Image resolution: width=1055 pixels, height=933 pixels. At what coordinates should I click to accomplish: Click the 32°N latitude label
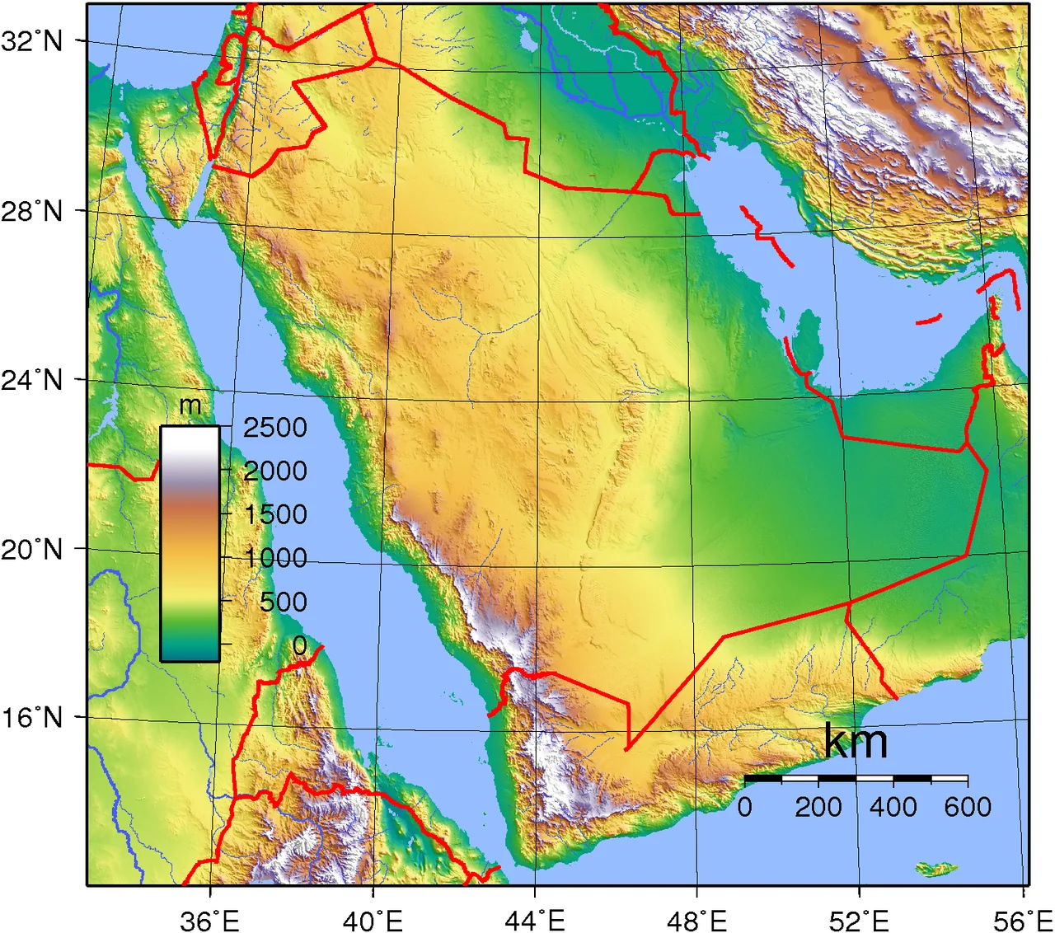(x=32, y=40)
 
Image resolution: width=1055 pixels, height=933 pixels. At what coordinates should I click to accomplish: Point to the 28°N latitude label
(x=32, y=212)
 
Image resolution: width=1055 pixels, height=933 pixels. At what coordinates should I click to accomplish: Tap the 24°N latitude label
(x=32, y=380)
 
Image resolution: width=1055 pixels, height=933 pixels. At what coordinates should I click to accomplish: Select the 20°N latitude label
(x=32, y=549)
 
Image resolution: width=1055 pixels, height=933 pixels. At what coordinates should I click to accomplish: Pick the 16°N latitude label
(x=32, y=717)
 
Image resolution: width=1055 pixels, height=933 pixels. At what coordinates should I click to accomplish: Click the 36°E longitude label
(x=209, y=921)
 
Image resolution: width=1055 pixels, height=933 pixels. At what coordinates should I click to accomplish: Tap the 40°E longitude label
(x=373, y=921)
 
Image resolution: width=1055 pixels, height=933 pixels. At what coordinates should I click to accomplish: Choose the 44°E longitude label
(x=535, y=921)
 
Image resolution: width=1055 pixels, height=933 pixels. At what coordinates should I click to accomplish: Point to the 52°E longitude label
(x=860, y=921)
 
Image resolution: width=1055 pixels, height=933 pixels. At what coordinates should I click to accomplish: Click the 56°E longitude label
(x=1023, y=921)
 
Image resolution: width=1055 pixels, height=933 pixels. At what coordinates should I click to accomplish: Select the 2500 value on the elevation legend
(x=274, y=428)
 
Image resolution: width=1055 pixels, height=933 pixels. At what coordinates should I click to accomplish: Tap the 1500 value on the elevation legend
(x=274, y=514)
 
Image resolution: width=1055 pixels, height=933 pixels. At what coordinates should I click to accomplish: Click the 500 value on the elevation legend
(x=283, y=602)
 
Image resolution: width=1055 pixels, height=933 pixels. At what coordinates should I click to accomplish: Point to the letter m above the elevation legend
(x=190, y=406)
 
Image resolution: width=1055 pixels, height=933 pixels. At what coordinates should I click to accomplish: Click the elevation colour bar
(x=190, y=543)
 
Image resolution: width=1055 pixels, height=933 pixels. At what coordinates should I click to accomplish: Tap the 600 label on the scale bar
(x=967, y=806)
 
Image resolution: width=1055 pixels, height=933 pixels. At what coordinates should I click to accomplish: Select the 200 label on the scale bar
(x=818, y=806)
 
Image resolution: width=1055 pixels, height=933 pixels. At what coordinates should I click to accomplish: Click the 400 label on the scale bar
(x=893, y=806)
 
